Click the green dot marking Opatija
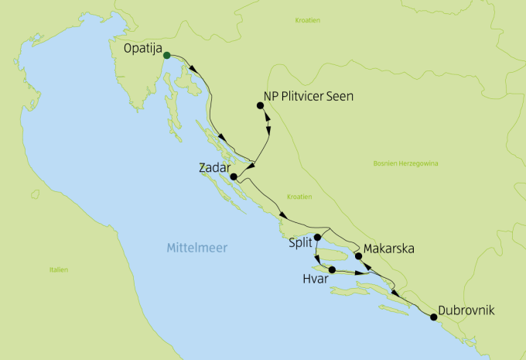pyautogui.click(x=167, y=55)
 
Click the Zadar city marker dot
pyautogui.click(x=234, y=177)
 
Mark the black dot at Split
pyautogui.click(x=317, y=238)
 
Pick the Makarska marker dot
pyautogui.click(x=357, y=255)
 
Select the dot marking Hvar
pyautogui.click(x=332, y=269)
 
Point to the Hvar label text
pyautogui.click(x=314, y=276)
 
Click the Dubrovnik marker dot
pyautogui.click(x=433, y=317)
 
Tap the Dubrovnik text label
pyautogui.click(x=465, y=311)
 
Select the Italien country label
pyautogui.click(x=58, y=269)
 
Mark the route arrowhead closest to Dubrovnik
pyautogui.click(x=397, y=294)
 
